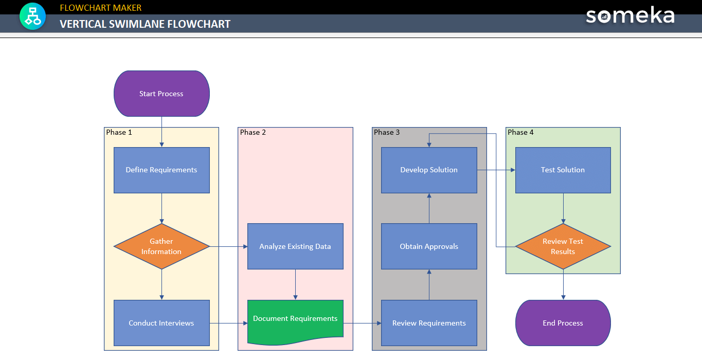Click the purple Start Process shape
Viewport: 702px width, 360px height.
click(x=161, y=94)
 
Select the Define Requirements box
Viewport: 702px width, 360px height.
click(x=161, y=170)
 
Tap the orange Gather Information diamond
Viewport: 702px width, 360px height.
click(x=161, y=246)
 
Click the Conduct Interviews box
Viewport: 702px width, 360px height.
click(x=161, y=323)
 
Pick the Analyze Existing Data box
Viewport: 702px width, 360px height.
click(x=295, y=246)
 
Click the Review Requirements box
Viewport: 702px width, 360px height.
click(x=429, y=323)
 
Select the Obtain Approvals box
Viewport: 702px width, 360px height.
click(x=429, y=246)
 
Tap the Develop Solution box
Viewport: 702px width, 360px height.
click(x=429, y=170)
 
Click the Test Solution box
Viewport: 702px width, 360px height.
click(x=563, y=170)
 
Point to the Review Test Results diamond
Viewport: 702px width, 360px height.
click(x=563, y=246)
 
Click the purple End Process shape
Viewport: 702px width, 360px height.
click(x=563, y=323)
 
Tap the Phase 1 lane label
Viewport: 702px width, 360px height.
click(x=119, y=133)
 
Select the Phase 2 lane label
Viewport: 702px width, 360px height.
click(x=253, y=133)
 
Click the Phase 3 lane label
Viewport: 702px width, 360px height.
click(x=387, y=133)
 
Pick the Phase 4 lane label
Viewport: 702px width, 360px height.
click(x=520, y=133)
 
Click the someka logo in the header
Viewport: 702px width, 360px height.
click(x=630, y=16)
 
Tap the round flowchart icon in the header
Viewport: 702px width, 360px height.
click(x=33, y=16)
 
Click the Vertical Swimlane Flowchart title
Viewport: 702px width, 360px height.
click(x=145, y=24)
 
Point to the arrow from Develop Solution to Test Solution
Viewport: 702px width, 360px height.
click(x=496, y=170)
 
